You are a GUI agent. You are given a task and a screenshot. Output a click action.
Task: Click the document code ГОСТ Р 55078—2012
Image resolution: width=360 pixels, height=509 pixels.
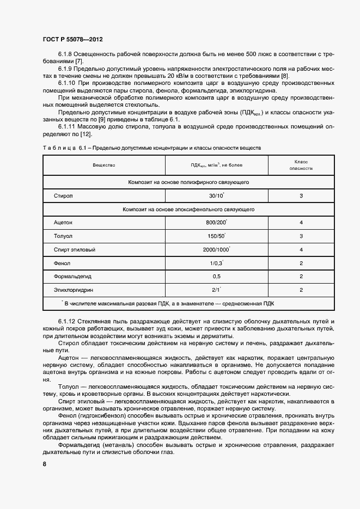click(72, 40)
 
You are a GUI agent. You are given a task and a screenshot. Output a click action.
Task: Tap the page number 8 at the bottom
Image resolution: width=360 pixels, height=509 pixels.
click(44, 464)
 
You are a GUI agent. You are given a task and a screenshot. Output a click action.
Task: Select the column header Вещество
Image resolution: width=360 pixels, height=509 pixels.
click(103, 164)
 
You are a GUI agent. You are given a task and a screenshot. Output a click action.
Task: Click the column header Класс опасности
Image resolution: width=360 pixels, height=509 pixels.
click(301, 165)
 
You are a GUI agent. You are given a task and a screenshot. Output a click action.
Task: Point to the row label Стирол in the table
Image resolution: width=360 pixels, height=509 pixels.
click(63, 195)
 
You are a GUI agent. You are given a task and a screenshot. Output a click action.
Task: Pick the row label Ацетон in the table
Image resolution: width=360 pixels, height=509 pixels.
click(63, 223)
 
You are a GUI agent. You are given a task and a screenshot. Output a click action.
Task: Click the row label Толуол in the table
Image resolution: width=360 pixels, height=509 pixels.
click(63, 236)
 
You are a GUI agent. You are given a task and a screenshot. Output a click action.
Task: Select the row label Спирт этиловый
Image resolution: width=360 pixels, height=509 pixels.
click(75, 249)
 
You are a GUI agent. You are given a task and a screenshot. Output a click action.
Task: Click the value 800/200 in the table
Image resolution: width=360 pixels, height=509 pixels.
click(216, 223)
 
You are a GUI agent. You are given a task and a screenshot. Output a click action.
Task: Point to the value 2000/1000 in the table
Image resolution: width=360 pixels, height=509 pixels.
click(216, 249)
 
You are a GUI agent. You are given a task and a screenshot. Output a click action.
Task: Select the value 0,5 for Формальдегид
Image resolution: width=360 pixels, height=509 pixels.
click(217, 277)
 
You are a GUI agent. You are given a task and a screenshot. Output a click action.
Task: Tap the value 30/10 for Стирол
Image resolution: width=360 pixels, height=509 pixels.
click(216, 195)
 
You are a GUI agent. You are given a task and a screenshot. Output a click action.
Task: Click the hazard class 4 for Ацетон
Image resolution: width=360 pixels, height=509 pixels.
click(301, 223)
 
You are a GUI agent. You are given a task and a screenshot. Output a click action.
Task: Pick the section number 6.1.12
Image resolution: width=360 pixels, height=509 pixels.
click(68, 322)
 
